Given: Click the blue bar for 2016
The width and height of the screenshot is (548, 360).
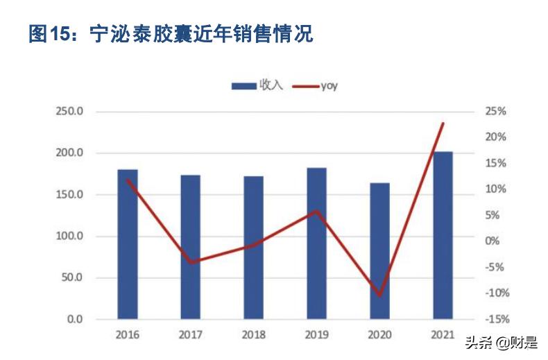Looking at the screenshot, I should click(128, 244).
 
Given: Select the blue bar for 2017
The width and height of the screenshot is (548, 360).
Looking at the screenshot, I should click(191, 247).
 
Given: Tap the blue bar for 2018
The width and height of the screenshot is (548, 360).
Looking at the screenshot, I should click(254, 248).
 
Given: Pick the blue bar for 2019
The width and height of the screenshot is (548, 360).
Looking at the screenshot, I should click(317, 243).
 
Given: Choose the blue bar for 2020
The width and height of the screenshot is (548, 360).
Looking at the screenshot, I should click(380, 251).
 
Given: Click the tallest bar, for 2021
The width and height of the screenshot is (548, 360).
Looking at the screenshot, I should click(443, 236).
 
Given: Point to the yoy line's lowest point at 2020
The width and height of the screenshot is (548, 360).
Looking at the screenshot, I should click(380, 295).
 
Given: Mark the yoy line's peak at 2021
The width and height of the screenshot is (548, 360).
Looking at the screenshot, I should click(443, 123).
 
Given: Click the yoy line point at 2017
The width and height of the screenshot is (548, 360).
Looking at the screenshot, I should click(191, 263).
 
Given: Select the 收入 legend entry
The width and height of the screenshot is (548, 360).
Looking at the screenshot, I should click(257, 85).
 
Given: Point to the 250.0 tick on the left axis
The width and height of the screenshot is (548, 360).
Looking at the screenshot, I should click(69, 112).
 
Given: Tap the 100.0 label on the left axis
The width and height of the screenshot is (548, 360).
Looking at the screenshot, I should click(69, 237).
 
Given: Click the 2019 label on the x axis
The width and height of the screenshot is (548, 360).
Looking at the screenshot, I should click(317, 335).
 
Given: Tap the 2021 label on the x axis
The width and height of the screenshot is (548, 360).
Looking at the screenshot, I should click(443, 335).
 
